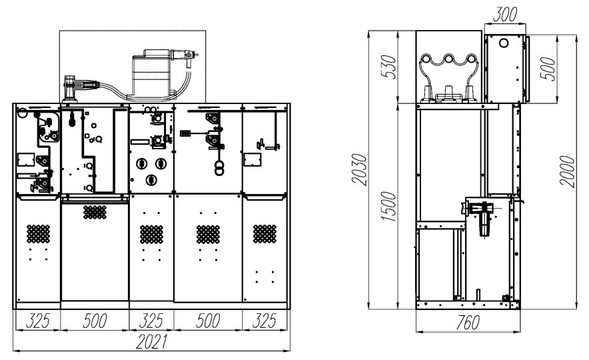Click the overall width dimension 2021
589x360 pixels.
point(151,341)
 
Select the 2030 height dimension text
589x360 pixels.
point(359,169)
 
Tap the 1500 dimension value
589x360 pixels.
point(388,206)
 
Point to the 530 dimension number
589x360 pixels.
point(389,67)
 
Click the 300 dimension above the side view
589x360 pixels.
point(504,14)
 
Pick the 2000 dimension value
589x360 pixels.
point(567,171)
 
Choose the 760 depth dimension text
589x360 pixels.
point(468,323)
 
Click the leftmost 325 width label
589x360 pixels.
point(37,321)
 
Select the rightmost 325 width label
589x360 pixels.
point(265,321)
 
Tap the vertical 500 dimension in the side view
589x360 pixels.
point(548,69)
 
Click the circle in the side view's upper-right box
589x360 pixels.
point(503,43)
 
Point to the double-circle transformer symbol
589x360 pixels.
point(219,168)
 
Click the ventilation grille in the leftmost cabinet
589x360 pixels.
point(39,234)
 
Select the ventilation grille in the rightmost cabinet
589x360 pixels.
point(265,234)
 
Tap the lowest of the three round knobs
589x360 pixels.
point(151,180)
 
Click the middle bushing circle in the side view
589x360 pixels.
point(448,59)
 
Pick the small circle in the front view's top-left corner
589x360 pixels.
point(22,112)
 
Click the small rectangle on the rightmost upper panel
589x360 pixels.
point(253,159)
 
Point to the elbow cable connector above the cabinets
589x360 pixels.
point(70,87)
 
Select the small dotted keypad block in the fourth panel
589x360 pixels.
point(185,133)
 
